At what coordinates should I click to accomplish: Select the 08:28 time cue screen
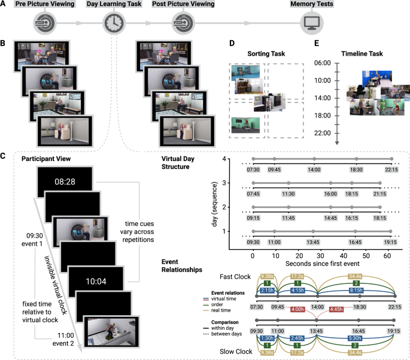[x=65, y=180]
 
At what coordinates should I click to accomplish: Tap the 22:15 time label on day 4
[x=391, y=170]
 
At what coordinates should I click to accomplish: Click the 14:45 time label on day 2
[x=330, y=219]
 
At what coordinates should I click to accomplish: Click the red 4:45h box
[x=335, y=309]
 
